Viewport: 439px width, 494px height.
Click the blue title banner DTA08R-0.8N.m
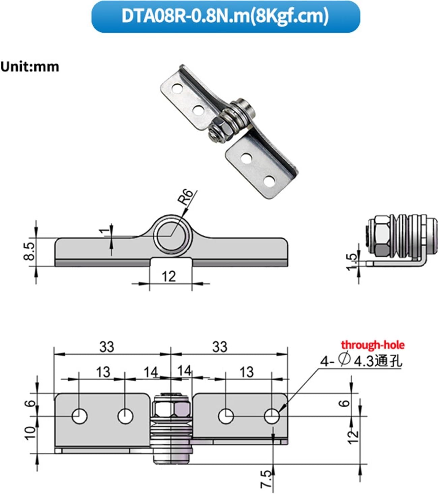click(225, 17)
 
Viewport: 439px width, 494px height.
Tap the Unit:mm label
click(30, 66)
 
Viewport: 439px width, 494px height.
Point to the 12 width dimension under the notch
click(169, 277)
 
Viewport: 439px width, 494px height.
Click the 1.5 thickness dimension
click(352, 262)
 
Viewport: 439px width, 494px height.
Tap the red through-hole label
click(373, 345)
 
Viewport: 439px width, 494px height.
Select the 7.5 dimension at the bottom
click(266, 479)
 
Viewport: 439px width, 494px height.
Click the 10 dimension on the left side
click(30, 432)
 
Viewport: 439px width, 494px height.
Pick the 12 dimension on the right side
click(353, 437)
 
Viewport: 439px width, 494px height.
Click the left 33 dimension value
click(107, 347)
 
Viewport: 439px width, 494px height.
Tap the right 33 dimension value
click(220, 347)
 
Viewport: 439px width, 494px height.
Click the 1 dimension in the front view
click(106, 231)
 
